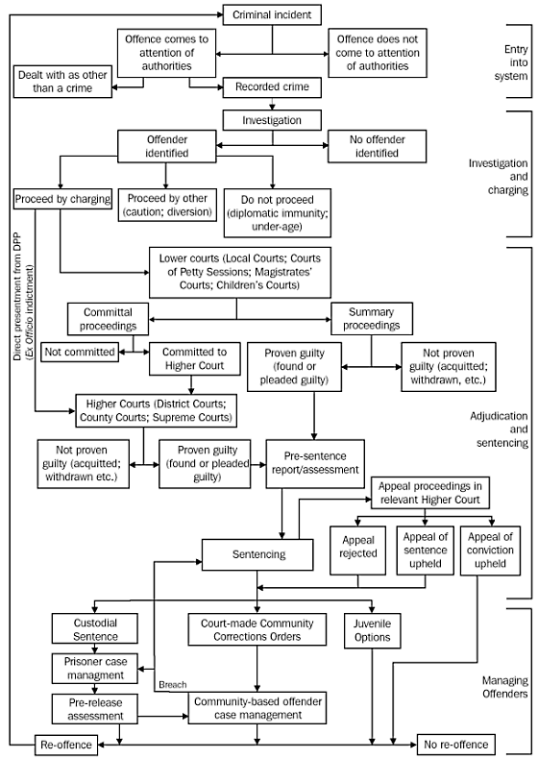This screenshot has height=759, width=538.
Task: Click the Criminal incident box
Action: point(272,14)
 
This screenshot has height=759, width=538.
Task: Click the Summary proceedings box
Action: point(371,318)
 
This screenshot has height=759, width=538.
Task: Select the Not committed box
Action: point(80,353)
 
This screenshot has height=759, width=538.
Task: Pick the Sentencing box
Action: point(257,555)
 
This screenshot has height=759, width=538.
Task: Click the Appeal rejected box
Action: point(357,549)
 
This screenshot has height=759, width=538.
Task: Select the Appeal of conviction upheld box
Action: point(493,549)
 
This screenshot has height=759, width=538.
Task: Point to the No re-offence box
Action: point(457,745)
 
